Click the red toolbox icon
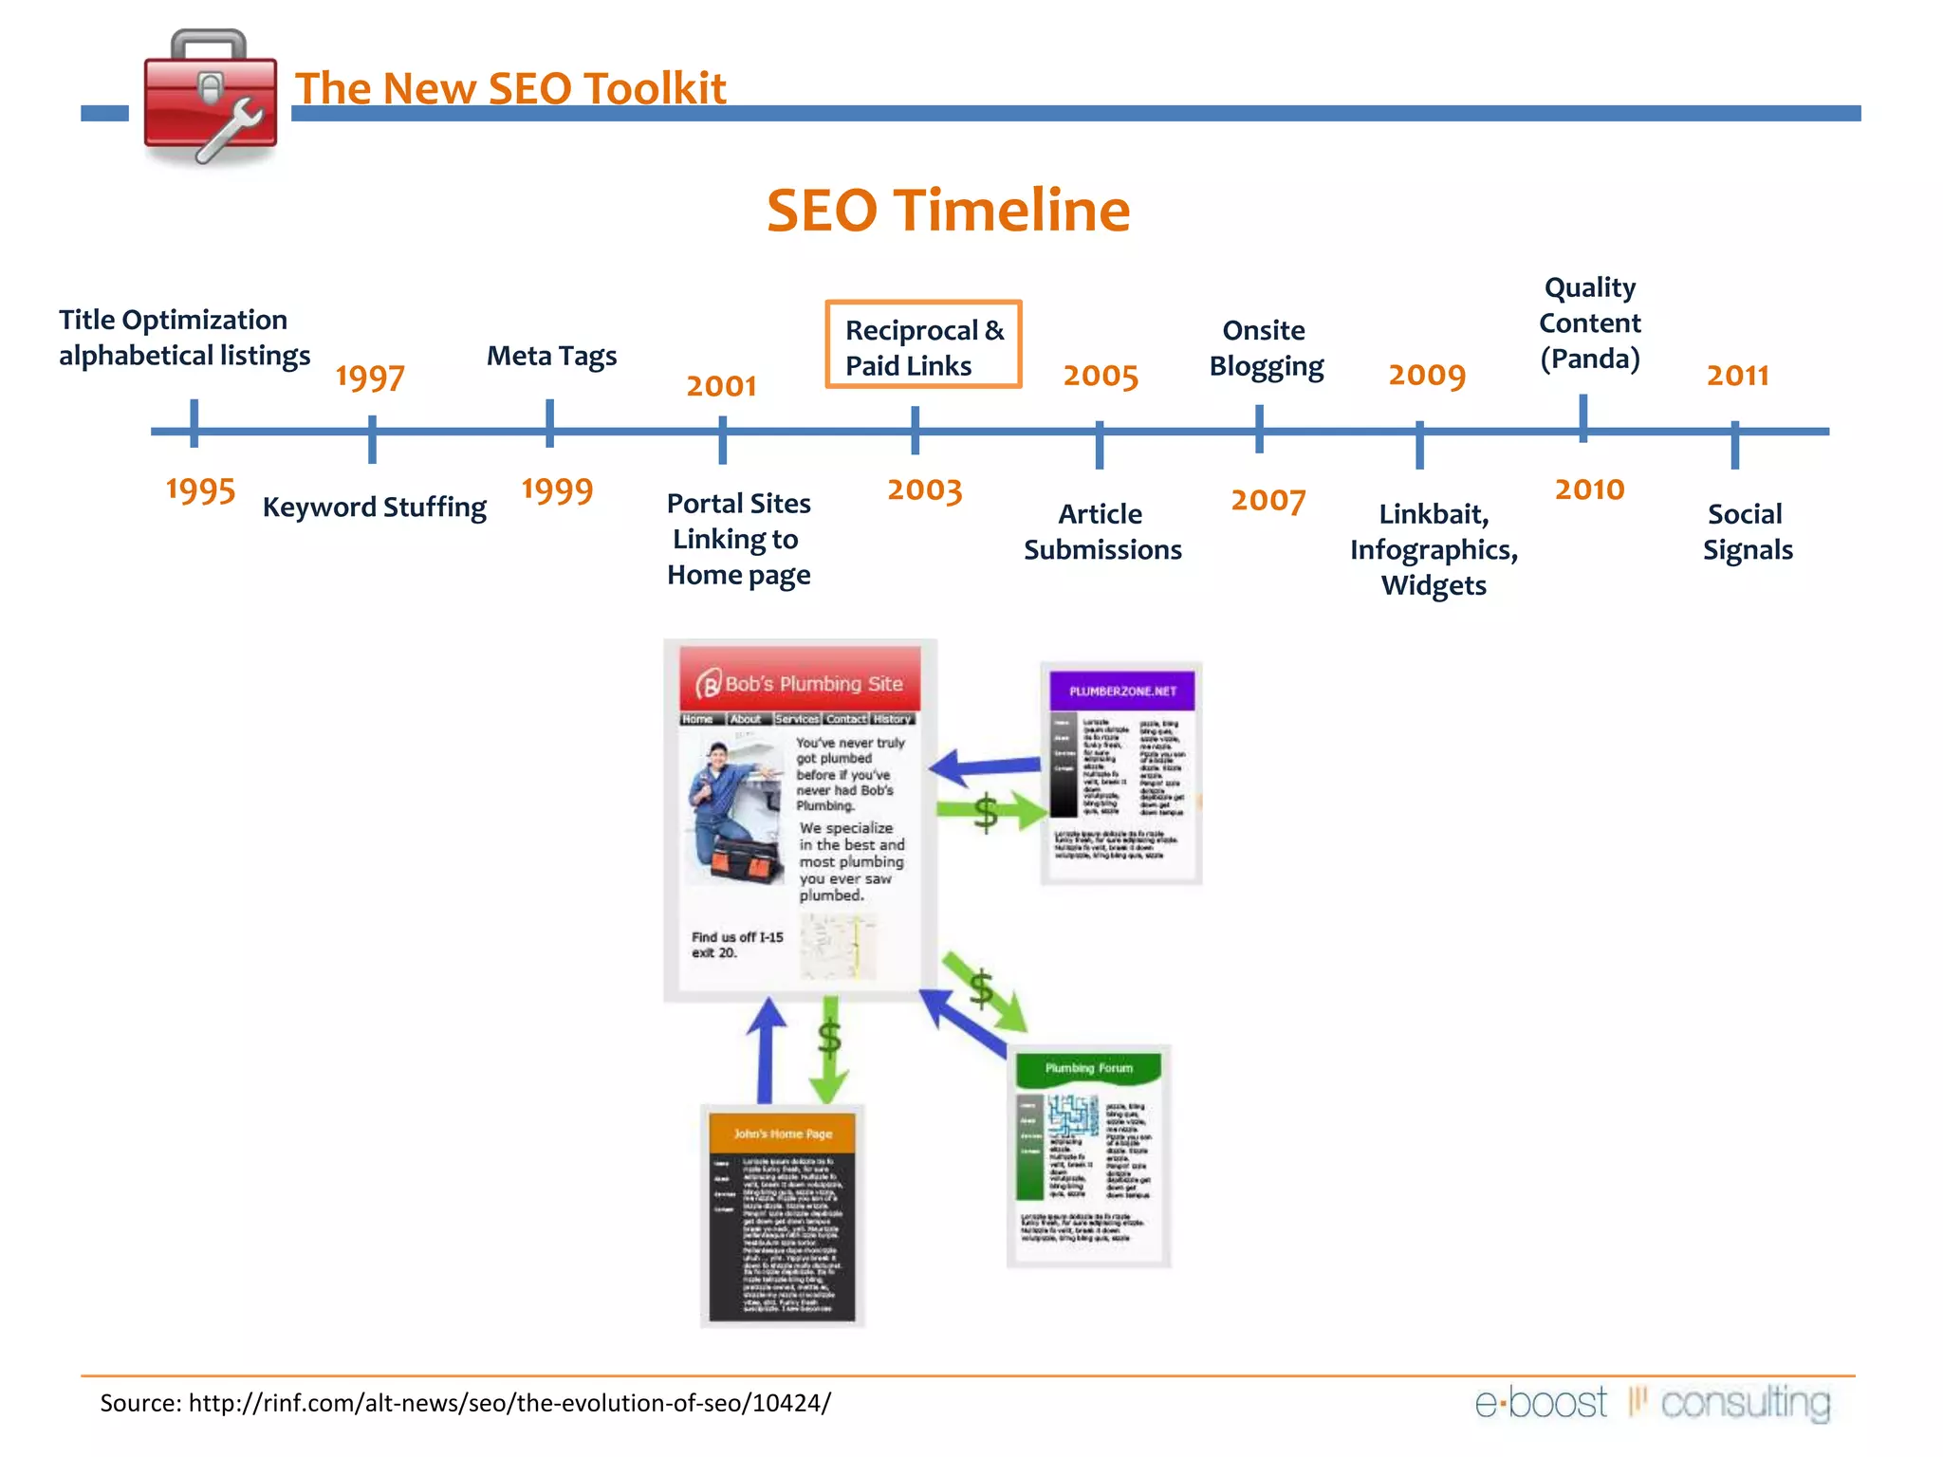210,100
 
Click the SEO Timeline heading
948,211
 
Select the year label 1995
200,490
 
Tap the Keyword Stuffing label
374,507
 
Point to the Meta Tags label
551,356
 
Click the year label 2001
721,386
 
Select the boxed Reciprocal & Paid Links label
923,346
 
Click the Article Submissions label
1101,532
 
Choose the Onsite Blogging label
1265,348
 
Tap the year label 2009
1426,376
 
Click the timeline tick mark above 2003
915,431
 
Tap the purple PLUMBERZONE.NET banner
1121,691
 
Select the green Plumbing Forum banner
1088,1069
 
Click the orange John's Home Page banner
782,1134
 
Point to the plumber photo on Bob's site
734,812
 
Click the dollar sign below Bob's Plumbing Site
829,1038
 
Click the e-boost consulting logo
1652,1402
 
